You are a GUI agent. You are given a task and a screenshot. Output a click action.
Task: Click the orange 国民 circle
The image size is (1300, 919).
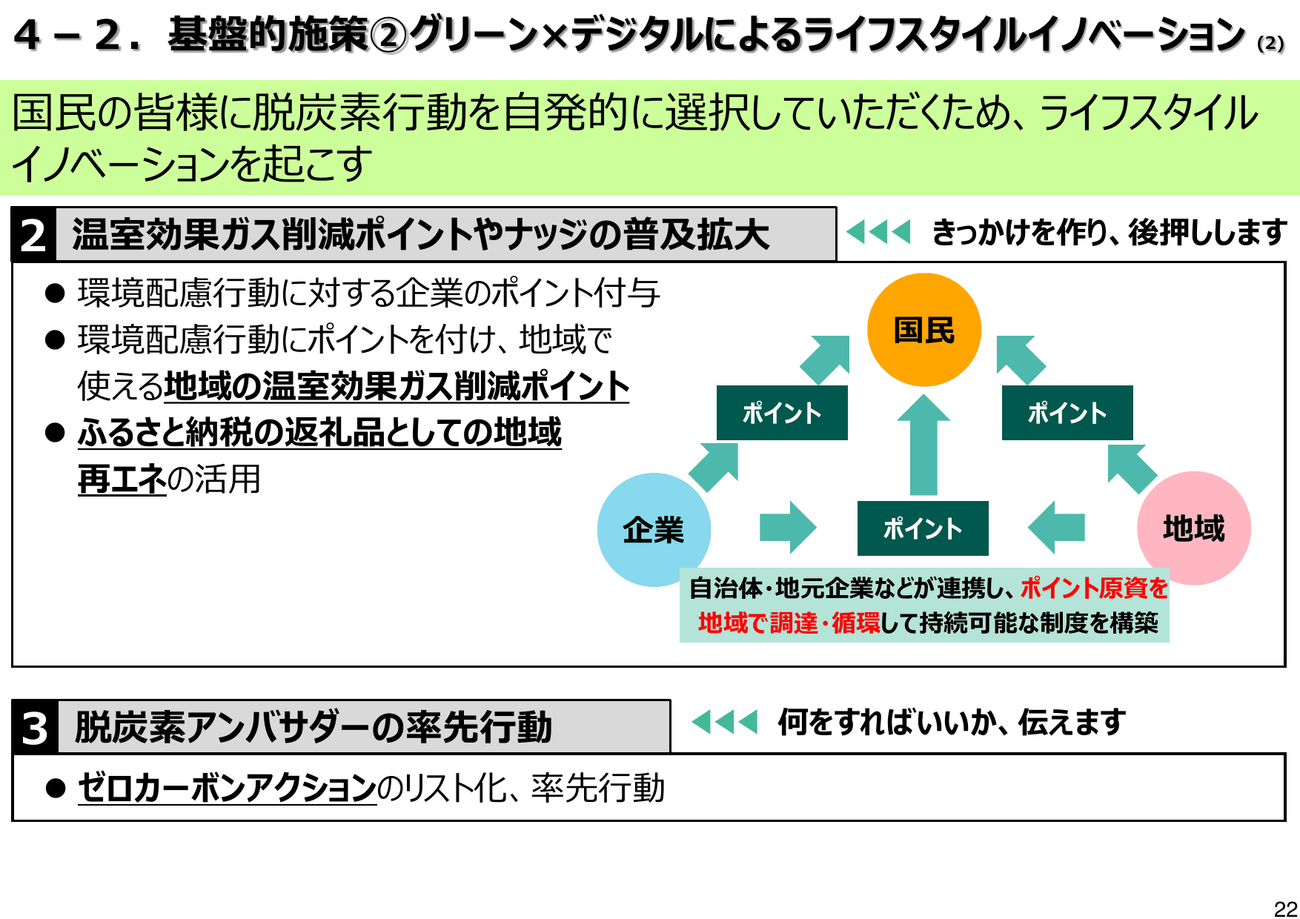click(x=923, y=330)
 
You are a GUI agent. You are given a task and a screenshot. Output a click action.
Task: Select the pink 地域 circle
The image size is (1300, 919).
click(x=1193, y=528)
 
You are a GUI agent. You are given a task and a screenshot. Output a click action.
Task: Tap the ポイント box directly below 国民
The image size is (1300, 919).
click(x=923, y=528)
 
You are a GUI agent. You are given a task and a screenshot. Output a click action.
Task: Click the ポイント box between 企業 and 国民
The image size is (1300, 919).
click(x=782, y=413)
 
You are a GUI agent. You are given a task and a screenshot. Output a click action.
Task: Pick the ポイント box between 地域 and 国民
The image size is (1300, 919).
click(x=1067, y=413)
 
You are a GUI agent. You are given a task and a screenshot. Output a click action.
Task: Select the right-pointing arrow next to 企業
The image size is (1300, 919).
click(x=787, y=528)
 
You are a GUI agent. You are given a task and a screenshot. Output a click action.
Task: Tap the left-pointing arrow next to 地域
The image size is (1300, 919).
click(x=1057, y=528)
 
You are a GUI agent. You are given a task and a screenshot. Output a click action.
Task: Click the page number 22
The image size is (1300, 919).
click(x=1285, y=909)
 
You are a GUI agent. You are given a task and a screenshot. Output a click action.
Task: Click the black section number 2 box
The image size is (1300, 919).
click(x=33, y=236)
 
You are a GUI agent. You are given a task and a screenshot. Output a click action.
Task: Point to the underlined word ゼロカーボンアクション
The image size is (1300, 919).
click(x=227, y=787)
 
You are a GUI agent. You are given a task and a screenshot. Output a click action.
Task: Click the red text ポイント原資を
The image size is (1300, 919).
click(x=1094, y=588)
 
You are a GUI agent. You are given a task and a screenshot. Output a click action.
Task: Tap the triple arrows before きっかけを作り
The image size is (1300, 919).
click(x=878, y=232)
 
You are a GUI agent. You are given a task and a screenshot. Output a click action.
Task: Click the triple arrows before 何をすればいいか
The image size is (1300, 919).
click(x=724, y=721)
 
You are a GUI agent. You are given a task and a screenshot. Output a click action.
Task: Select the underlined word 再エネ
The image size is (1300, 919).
click(x=122, y=480)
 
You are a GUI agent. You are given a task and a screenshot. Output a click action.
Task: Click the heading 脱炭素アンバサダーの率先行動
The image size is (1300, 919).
click(x=313, y=727)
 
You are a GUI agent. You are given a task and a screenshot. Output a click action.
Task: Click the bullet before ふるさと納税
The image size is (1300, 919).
click(x=55, y=433)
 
